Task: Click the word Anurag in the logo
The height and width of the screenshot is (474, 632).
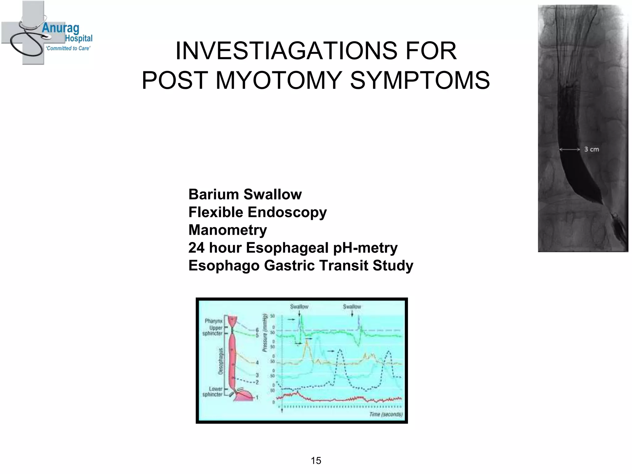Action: click(x=60, y=28)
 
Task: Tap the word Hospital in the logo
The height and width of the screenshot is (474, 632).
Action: click(x=79, y=39)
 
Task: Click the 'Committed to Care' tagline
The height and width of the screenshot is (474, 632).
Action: click(x=68, y=48)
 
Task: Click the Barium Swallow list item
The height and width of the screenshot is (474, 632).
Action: click(x=245, y=194)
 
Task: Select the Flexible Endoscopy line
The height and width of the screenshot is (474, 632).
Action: click(x=257, y=212)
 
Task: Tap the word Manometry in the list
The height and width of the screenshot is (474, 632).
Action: click(x=228, y=230)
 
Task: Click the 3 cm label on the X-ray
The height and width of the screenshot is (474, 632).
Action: click(x=591, y=149)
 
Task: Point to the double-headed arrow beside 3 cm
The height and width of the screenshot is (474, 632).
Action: click(x=570, y=150)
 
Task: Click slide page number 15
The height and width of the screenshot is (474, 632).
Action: click(x=316, y=460)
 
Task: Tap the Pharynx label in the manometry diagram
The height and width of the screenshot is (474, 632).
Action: click(x=213, y=321)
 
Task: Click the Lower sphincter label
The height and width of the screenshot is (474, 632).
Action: click(x=212, y=392)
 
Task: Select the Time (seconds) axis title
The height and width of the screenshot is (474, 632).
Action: click(x=386, y=414)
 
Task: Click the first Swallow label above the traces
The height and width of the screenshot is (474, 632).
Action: click(x=299, y=306)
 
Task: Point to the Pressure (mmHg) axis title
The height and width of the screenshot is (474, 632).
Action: click(x=264, y=332)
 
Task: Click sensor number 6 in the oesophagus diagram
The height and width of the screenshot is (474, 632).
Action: click(x=257, y=331)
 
